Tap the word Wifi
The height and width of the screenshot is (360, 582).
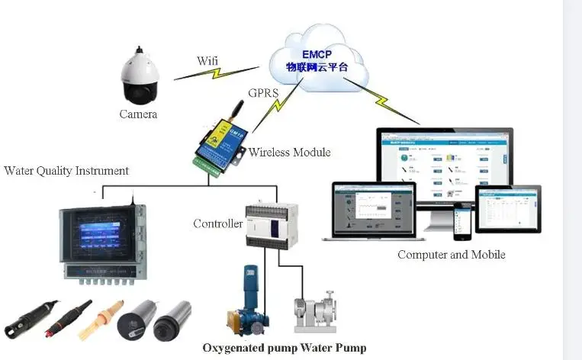(x=207, y=60)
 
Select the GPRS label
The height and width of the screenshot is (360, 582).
(x=262, y=95)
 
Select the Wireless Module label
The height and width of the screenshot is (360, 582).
(x=289, y=153)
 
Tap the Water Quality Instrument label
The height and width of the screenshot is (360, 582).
(x=66, y=170)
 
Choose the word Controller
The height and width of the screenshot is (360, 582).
(x=217, y=223)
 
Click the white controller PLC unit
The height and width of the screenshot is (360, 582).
(x=265, y=225)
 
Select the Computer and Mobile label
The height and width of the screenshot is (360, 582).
(x=451, y=255)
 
